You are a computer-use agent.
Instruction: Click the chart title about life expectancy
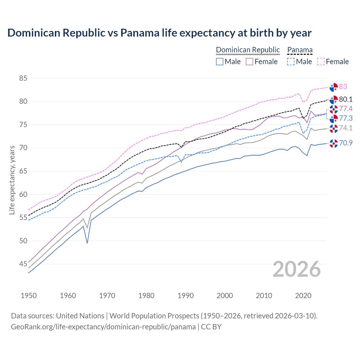tap(159, 33)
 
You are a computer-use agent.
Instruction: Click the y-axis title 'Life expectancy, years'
tap(12, 180)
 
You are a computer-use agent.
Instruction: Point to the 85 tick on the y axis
tap(23, 78)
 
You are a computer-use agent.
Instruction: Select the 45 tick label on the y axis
tap(23, 264)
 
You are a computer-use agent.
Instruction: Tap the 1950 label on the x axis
tap(29, 296)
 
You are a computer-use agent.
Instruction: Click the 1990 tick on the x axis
tap(186, 296)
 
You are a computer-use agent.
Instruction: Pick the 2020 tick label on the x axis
tap(303, 296)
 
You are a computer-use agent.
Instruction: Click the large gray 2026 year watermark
tap(296, 269)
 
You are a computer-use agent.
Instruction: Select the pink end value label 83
tap(343, 87)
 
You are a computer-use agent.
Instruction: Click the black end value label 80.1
tap(346, 99)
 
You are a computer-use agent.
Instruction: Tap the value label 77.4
tap(346, 109)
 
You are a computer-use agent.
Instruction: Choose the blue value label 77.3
tap(346, 118)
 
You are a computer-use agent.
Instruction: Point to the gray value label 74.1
tap(346, 128)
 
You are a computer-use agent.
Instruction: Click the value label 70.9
tap(346, 143)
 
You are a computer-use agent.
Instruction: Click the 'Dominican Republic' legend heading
tap(248, 50)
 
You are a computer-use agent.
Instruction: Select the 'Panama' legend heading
tap(300, 50)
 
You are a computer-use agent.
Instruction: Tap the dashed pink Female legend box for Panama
tap(321, 62)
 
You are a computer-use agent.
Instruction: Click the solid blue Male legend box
tap(220, 62)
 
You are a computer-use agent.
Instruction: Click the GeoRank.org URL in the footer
tap(103, 327)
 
